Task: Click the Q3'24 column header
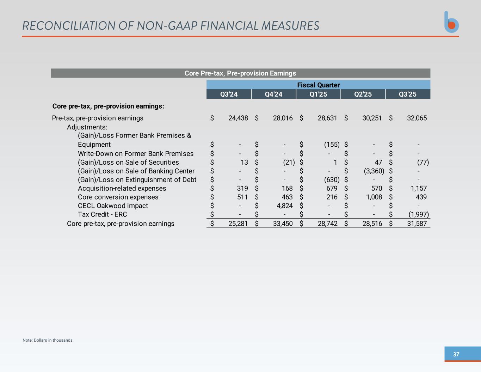click(229, 94)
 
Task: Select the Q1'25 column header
click(318, 94)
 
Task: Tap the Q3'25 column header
click(408, 94)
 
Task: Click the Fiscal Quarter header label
click(318, 85)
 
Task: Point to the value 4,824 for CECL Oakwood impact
click(284, 206)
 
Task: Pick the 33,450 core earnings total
click(283, 224)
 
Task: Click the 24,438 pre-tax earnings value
click(238, 118)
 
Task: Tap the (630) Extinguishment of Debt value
click(332, 180)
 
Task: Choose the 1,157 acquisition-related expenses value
click(419, 189)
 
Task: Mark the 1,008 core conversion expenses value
click(374, 197)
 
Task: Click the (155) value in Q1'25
click(332, 145)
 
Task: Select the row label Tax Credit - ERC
click(102, 214)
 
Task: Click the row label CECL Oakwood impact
click(113, 206)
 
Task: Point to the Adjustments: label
click(87, 127)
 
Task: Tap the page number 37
click(456, 354)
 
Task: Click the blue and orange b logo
click(451, 22)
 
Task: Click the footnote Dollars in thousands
click(48, 340)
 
